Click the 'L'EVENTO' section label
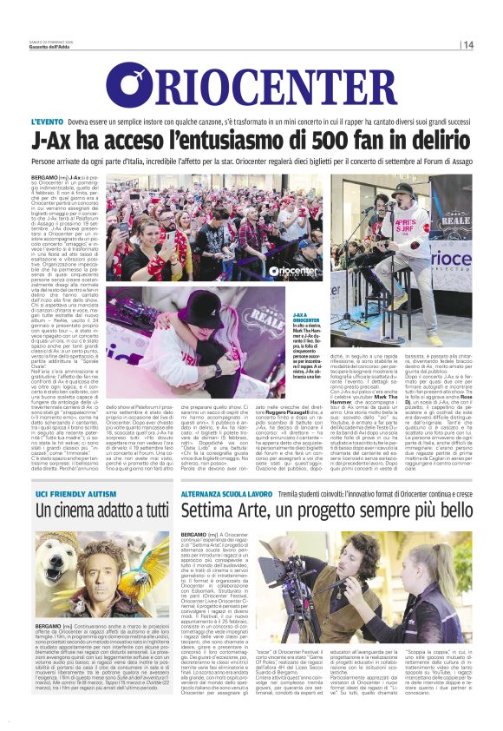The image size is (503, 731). coord(49,121)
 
